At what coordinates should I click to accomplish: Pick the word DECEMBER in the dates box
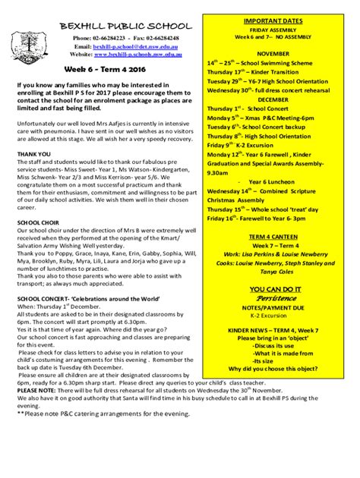[x=272, y=99]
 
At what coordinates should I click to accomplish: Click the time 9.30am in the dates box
[x=220, y=171]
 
